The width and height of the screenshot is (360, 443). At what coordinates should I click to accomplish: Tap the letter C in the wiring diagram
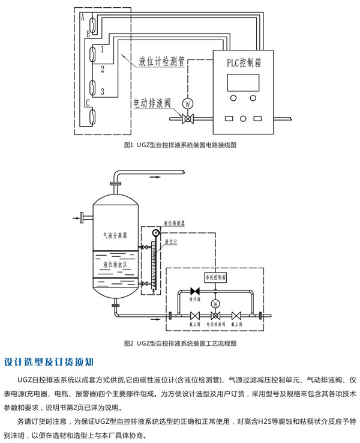point(88,103)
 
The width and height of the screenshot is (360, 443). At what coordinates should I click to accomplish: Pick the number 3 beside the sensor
point(103,91)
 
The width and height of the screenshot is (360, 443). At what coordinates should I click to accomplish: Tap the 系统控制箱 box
point(216,278)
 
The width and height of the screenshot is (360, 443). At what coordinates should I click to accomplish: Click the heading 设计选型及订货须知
point(49,362)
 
